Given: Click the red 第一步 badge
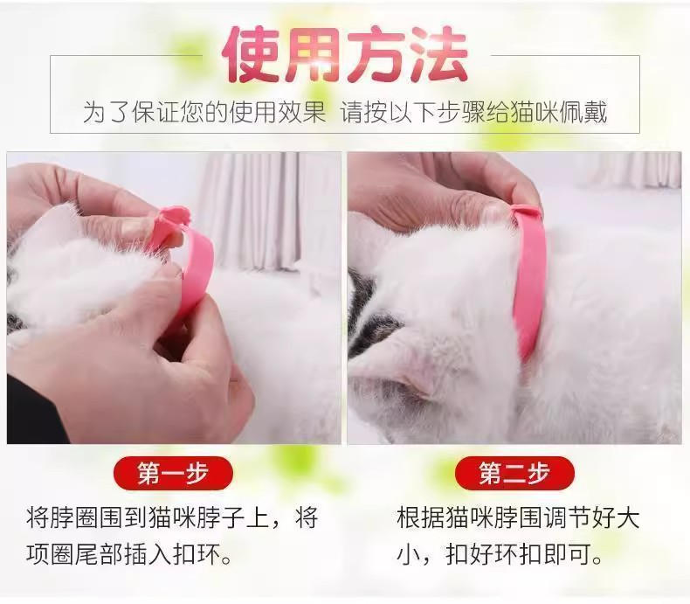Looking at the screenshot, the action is (173, 473).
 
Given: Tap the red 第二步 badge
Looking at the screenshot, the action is (514, 473).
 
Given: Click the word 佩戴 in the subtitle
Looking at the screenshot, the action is (583, 113).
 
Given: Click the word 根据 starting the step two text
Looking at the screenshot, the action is (421, 517).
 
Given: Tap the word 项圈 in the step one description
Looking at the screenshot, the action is (50, 554).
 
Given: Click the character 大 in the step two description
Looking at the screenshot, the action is (628, 517).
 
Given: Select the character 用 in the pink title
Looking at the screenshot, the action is (314, 54).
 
